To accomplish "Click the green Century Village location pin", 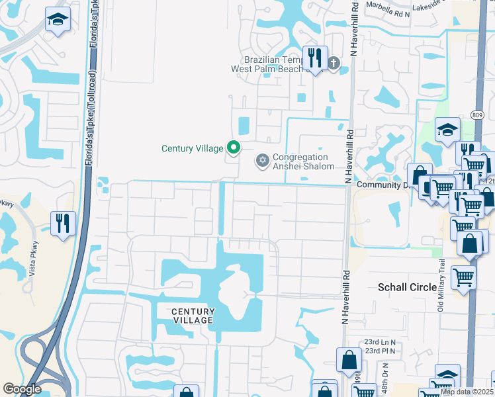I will [x=232, y=147].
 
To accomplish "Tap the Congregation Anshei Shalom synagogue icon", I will [x=263, y=161].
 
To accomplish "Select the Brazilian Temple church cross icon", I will [x=334, y=64].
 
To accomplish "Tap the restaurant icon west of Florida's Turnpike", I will [x=63, y=222].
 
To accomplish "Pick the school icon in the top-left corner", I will [x=58, y=21].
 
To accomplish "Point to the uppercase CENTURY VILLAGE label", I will [x=193, y=316].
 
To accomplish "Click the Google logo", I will [x=22, y=389].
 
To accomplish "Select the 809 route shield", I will [x=478, y=114].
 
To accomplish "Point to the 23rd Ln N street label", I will [x=379, y=342].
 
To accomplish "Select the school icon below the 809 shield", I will [x=447, y=130].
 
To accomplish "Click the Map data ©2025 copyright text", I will [x=466, y=392].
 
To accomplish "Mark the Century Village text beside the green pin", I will [x=192, y=148].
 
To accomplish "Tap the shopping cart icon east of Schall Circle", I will [x=463, y=277].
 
